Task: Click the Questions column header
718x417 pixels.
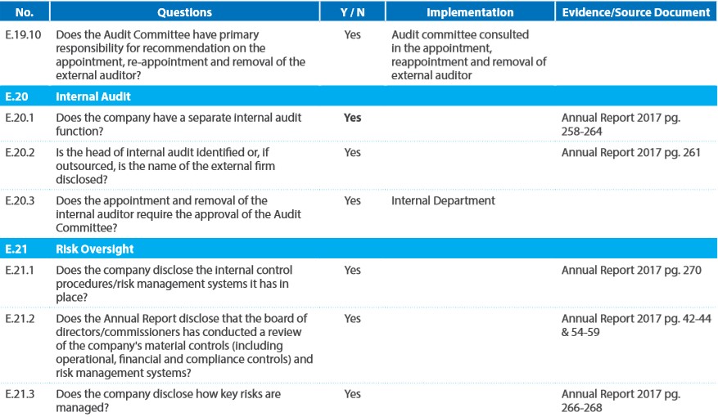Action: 184,12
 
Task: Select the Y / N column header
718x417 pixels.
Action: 353,12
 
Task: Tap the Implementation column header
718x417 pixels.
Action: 470,12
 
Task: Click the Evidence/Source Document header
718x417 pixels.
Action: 636,12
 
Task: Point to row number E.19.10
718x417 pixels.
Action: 23,34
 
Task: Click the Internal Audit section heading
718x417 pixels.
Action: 93,96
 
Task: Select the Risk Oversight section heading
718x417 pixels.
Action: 95,249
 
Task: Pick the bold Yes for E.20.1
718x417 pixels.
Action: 353,118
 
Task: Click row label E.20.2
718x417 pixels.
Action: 20,152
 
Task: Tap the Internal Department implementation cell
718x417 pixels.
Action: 443,200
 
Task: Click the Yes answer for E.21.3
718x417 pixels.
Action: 353,394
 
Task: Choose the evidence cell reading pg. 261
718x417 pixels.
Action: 631,153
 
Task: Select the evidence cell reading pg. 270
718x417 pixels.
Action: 631,271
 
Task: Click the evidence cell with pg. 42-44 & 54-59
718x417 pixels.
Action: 636,325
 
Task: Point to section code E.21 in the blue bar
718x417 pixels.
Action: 16,249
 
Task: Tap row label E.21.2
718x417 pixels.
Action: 20,319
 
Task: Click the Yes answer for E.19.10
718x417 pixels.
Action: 353,34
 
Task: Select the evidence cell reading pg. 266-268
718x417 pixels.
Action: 621,401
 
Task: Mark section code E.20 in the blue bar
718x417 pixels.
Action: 16,96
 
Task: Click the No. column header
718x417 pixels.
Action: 25,12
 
